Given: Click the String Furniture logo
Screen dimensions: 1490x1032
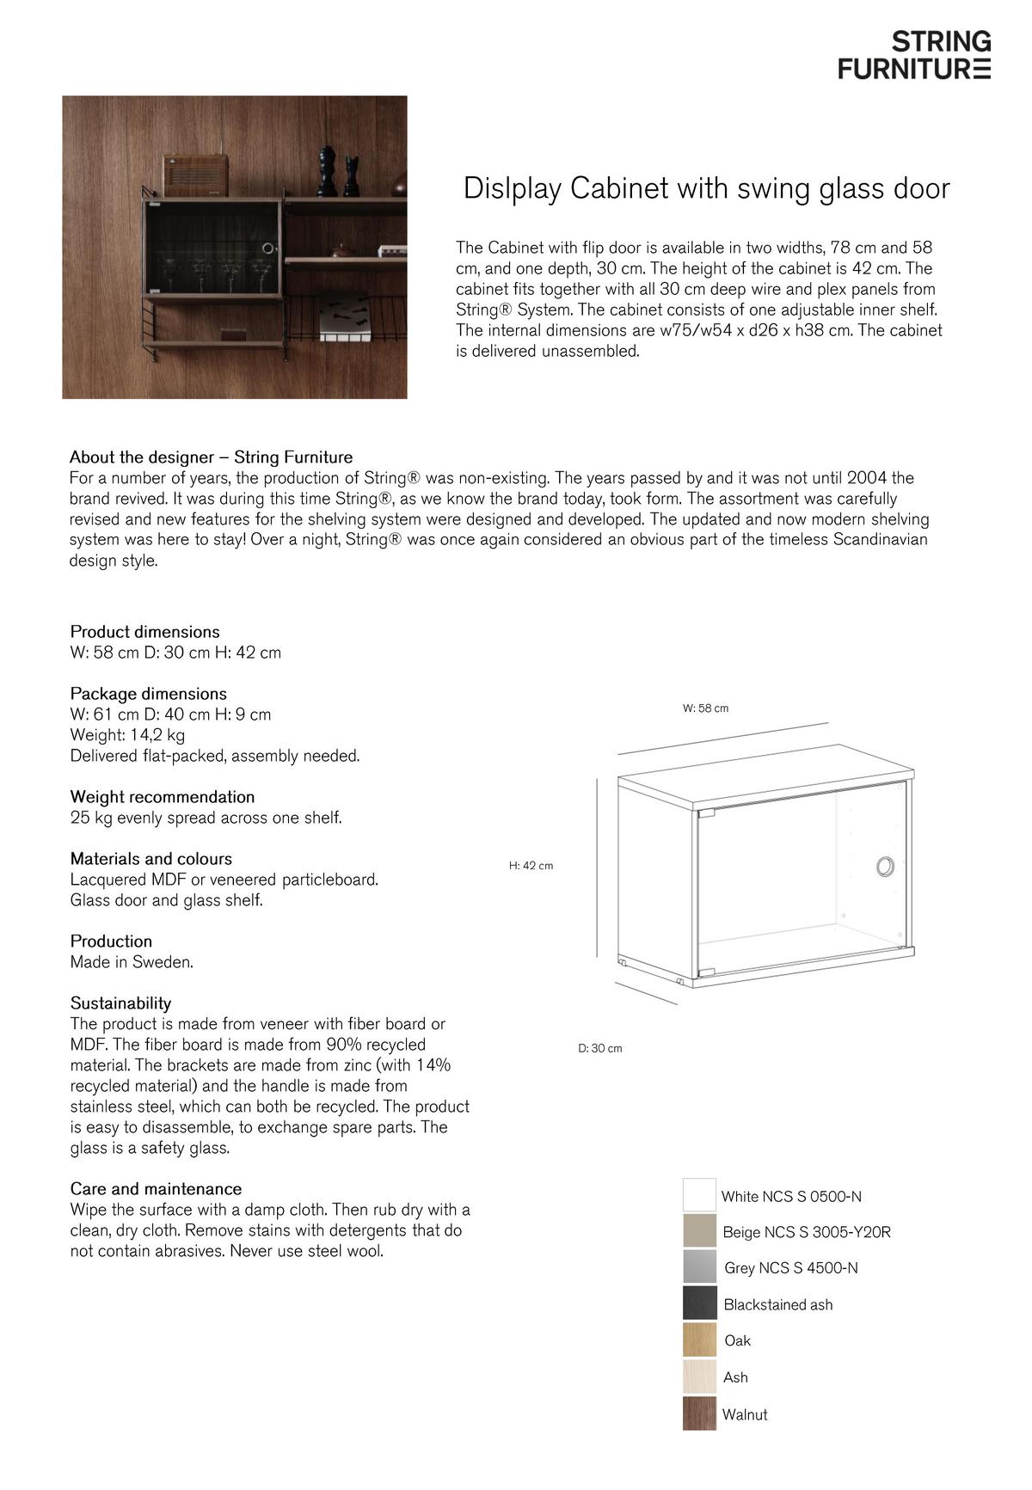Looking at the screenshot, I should click(914, 55).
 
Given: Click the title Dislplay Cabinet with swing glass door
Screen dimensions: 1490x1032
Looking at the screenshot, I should click(706, 188).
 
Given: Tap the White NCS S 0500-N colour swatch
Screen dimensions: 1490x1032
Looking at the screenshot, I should click(699, 1195).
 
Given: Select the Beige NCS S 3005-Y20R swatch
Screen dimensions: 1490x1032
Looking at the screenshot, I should click(699, 1231).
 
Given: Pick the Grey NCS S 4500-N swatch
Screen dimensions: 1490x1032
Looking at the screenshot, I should click(699, 1267).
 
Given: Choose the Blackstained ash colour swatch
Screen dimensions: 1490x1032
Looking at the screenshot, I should click(699, 1303).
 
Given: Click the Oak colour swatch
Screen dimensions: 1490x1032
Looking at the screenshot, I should click(699, 1340).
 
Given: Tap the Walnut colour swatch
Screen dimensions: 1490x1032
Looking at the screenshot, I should click(699, 1413).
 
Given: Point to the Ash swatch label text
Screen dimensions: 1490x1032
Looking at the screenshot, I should click(735, 1377).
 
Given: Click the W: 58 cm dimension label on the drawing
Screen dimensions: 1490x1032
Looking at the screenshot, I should click(705, 708).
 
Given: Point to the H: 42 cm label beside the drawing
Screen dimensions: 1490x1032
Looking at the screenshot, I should click(531, 866).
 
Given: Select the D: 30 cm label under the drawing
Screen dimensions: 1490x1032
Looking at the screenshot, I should click(599, 1049).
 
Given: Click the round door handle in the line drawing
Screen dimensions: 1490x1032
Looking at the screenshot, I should click(885, 866).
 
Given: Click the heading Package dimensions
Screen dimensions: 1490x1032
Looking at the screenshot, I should click(149, 694).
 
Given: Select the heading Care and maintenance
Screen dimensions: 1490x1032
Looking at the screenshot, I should click(156, 1189).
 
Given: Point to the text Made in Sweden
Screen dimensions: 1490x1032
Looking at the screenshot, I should click(132, 962).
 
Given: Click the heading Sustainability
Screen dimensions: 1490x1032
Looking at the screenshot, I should click(120, 1003).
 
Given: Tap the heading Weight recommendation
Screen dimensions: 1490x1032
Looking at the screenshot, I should click(163, 797).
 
